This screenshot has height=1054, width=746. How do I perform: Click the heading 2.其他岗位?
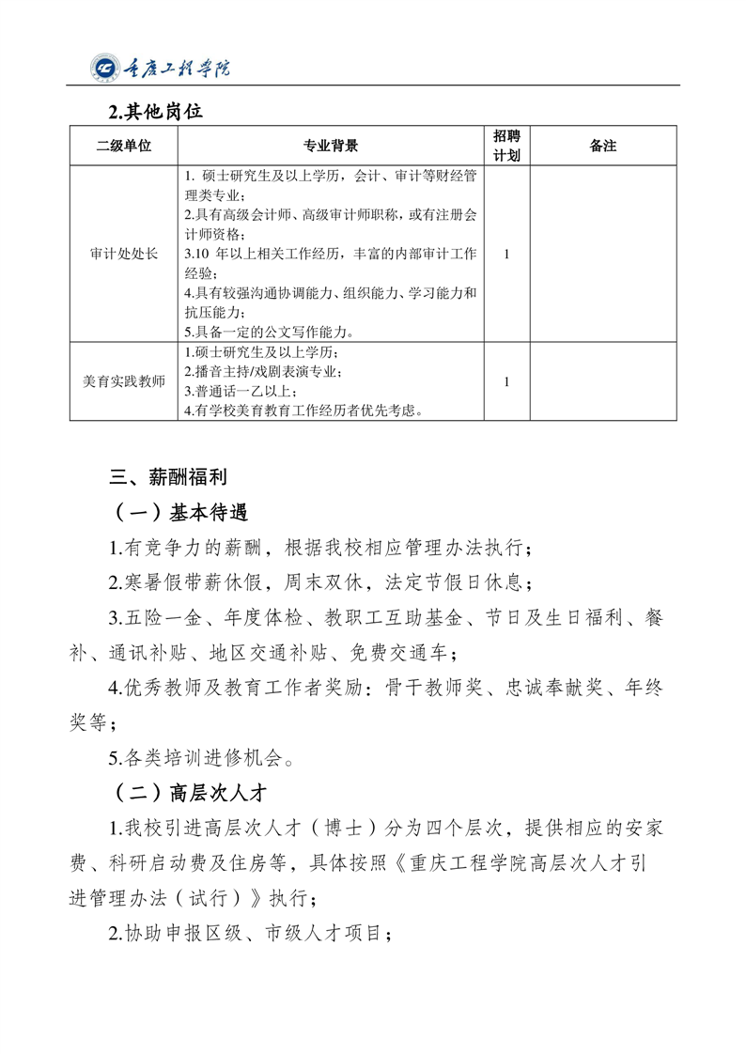[x=155, y=112]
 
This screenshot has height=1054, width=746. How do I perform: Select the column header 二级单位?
[x=123, y=146]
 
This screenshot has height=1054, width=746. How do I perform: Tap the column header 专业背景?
[x=330, y=146]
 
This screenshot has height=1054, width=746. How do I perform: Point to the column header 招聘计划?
[x=507, y=146]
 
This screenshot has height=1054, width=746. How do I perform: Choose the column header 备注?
[x=602, y=146]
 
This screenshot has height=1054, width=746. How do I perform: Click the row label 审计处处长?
[x=123, y=254]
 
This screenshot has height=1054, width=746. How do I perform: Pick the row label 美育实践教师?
[x=123, y=381]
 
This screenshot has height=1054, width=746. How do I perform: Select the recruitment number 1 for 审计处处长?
[x=507, y=254]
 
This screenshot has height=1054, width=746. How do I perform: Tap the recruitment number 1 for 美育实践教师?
[x=507, y=381]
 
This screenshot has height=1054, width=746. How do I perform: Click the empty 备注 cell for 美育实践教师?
[x=602, y=381]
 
